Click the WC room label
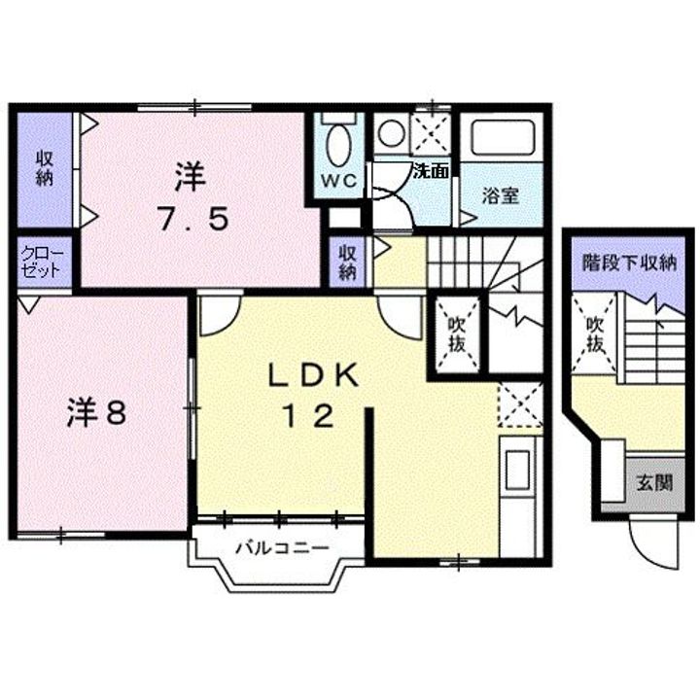(x=338, y=182)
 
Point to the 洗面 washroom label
(x=430, y=172)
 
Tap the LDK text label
(x=309, y=373)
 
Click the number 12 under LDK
(x=309, y=416)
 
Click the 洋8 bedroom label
(x=95, y=413)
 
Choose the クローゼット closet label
(x=43, y=263)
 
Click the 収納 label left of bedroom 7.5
(x=44, y=168)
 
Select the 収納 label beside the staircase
(x=347, y=262)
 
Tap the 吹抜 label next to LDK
(x=455, y=333)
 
